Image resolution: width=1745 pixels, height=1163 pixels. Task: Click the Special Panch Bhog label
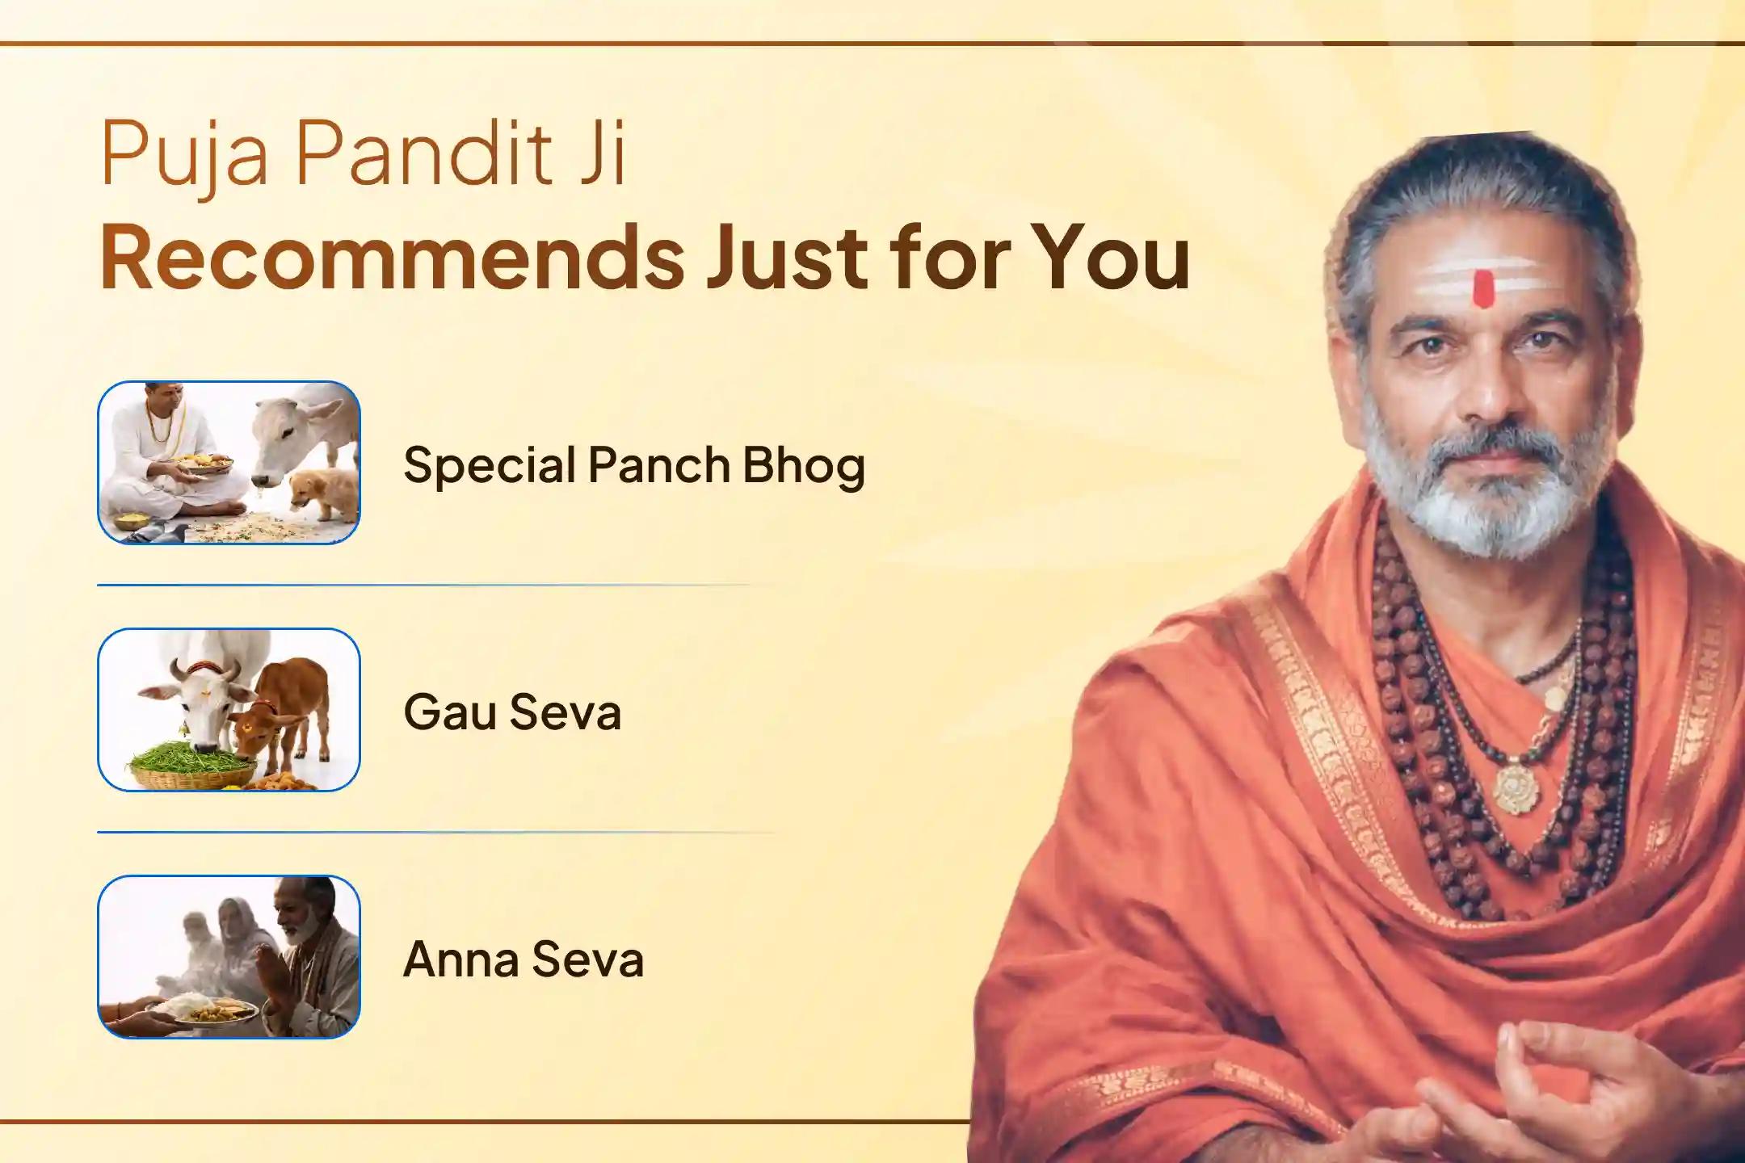click(634, 466)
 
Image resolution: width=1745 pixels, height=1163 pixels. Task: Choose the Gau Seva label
click(512, 712)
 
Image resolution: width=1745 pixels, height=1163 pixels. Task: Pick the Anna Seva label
click(523, 959)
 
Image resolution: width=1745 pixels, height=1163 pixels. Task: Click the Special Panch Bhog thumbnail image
click(229, 462)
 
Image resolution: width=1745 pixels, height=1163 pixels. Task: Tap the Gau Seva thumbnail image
click(229, 709)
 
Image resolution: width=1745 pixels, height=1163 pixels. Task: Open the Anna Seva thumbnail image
click(229, 956)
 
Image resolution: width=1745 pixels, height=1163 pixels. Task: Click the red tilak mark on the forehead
click(1482, 289)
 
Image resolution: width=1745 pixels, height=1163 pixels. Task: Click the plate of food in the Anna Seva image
click(211, 1010)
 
